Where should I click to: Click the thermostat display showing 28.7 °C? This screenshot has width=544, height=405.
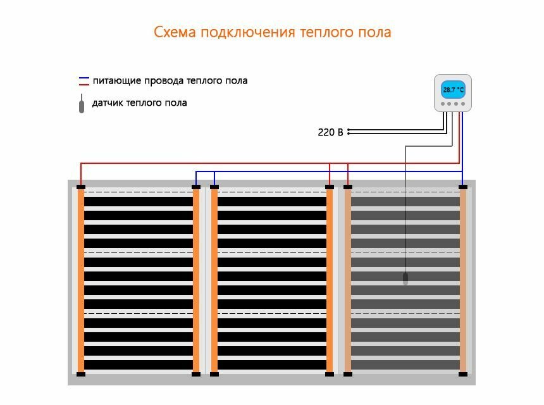tap(453, 90)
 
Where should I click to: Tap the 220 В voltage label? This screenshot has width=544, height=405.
tap(330, 132)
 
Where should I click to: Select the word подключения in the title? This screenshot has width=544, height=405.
tap(247, 32)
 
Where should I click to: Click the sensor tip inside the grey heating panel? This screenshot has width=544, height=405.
tap(405, 278)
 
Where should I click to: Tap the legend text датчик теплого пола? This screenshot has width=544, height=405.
tap(139, 103)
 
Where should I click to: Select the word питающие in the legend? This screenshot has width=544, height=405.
tap(116, 80)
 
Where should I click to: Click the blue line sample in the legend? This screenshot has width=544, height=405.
tap(84, 78)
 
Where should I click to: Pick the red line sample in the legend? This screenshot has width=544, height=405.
tap(84, 84)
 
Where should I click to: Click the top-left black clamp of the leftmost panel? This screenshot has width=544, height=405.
tap(81, 187)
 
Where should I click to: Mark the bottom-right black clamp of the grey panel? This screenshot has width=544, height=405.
tap(463, 374)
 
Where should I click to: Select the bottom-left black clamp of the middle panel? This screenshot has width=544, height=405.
tap(214, 374)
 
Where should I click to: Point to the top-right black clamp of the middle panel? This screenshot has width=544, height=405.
tap(330, 187)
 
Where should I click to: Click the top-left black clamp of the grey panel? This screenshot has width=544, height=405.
tap(348, 187)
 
